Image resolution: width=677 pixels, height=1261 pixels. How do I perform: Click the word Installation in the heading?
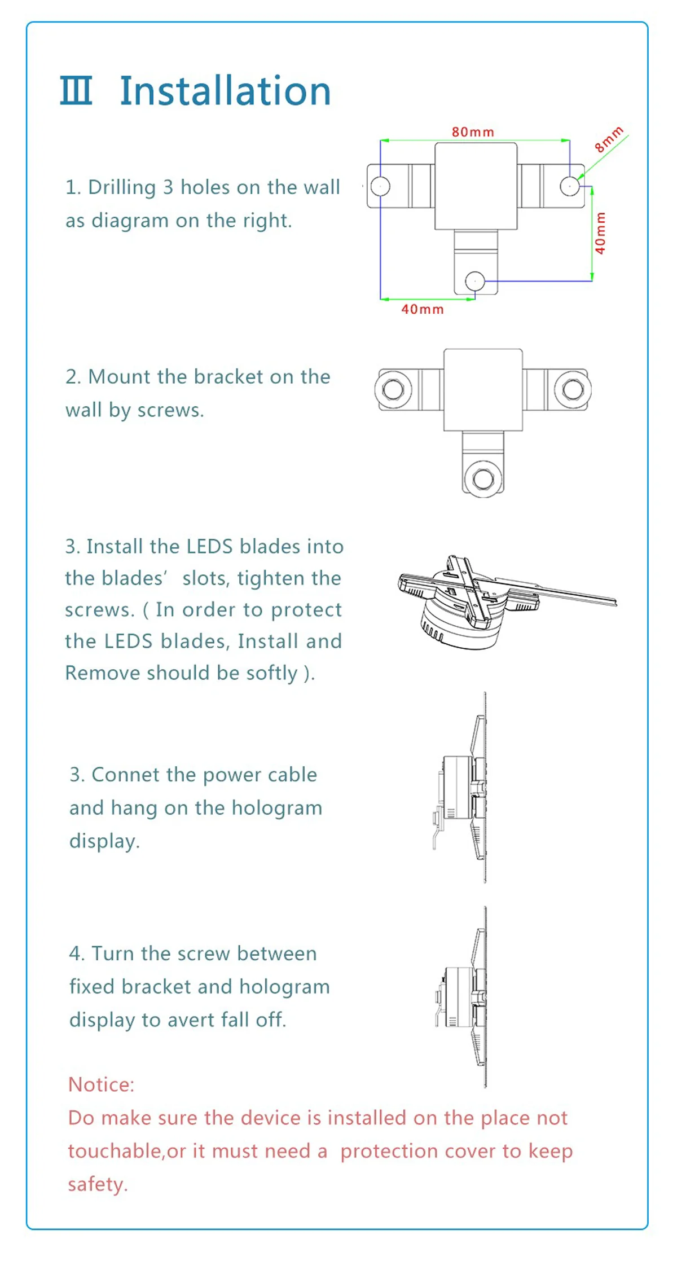(x=225, y=91)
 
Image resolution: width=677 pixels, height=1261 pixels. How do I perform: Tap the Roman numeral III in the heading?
(x=76, y=91)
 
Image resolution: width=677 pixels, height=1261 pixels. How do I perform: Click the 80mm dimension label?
(x=473, y=132)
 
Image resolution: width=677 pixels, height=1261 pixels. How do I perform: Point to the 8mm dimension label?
(x=609, y=139)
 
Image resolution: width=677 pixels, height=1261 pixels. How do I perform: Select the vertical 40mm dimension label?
(x=600, y=233)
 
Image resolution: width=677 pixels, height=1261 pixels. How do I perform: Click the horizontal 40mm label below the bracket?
(x=423, y=309)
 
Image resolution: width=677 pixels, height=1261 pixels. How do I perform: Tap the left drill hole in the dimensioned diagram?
(x=380, y=186)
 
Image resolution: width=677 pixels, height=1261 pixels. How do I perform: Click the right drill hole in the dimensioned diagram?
(x=570, y=185)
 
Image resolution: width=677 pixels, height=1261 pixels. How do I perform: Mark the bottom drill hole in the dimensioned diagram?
(x=474, y=280)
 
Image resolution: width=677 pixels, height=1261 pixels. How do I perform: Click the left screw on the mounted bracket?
(x=393, y=389)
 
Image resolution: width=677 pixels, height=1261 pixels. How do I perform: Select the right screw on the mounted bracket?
(x=573, y=389)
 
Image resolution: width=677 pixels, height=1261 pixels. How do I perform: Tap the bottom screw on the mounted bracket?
(x=483, y=479)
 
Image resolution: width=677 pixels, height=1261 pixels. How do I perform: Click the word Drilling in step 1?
(x=122, y=188)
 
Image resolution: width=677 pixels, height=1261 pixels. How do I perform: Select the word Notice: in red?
(x=102, y=1084)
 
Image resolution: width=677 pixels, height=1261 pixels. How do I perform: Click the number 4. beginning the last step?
(x=77, y=954)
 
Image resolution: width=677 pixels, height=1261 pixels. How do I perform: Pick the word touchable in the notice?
(x=115, y=1150)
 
